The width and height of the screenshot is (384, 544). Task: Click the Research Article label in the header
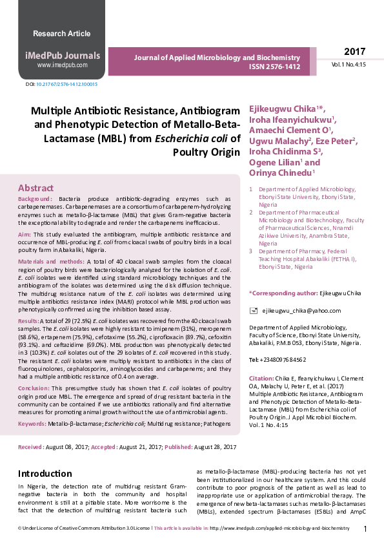pos(61,33)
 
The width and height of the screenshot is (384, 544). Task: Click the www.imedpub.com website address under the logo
pos(62,65)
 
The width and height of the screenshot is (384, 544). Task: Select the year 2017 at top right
pos(354,52)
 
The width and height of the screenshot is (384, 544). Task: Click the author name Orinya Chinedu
pos(281,173)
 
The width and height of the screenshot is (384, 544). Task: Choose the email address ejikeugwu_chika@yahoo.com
pos(296,311)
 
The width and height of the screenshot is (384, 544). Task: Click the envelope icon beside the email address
pos(254,311)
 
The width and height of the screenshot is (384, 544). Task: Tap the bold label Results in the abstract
pos(28,320)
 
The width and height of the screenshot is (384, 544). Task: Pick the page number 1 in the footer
pos(365,528)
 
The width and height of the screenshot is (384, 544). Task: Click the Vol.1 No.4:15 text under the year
pos(349,65)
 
